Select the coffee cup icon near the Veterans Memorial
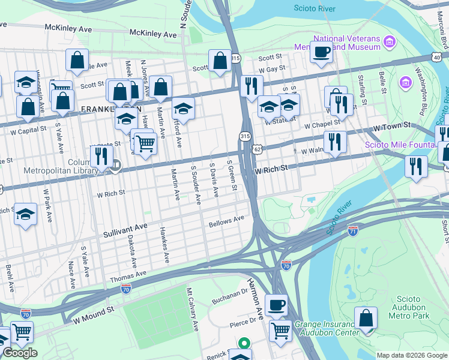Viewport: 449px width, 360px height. coord(322,52)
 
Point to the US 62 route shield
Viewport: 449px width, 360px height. coord(257,148)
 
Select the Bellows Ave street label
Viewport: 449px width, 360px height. coord(226,222)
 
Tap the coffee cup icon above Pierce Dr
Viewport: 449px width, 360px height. coord(276,305)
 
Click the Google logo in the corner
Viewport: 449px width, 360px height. coord(20,353)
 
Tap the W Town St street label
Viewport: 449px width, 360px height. coord(391,127)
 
